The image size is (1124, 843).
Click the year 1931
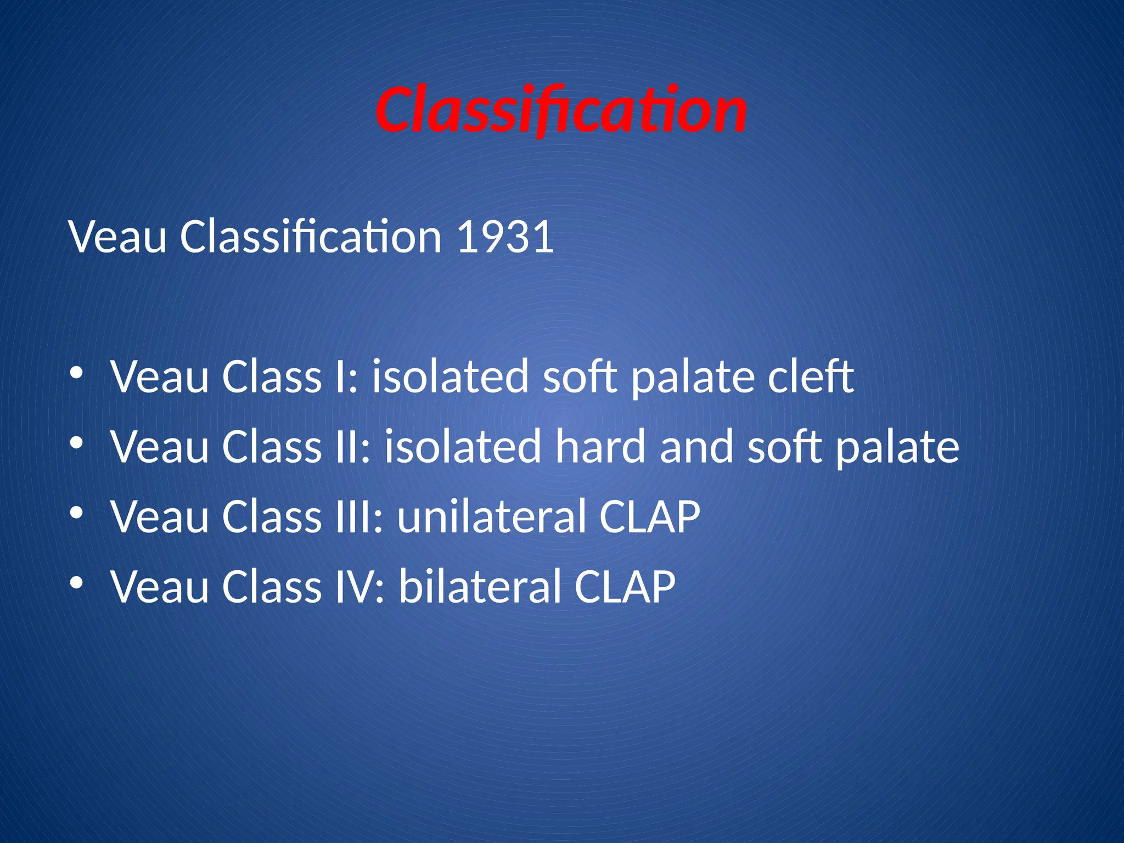[504, 237]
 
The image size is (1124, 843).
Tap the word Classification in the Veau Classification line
[311, 237]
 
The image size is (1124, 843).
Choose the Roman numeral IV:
[360, 586]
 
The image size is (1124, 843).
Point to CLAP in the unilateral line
[650, 516]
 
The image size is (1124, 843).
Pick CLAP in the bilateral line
[625, 586]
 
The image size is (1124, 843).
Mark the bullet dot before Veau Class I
[76, 373]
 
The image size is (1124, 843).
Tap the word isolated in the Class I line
[450, 377]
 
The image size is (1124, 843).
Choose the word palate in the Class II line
[897, 448]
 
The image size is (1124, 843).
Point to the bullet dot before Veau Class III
[76, 513]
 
